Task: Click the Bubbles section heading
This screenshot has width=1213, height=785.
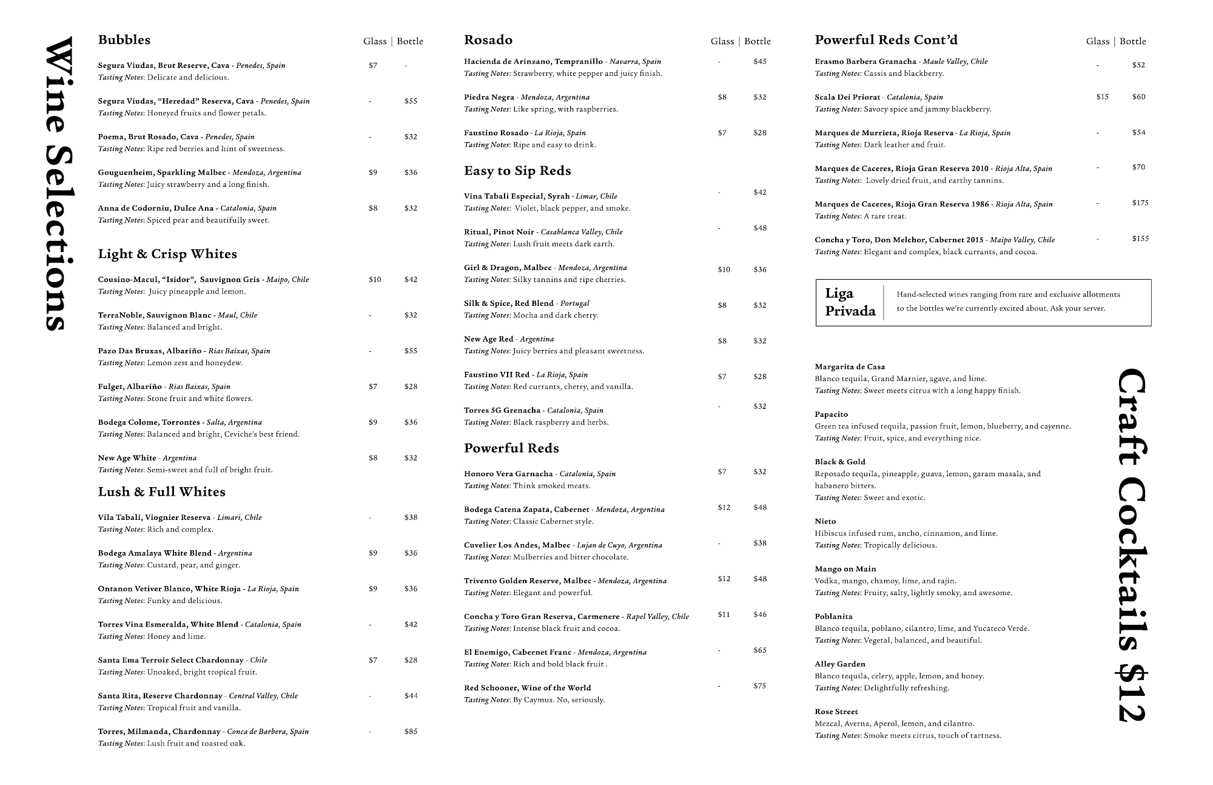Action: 124,40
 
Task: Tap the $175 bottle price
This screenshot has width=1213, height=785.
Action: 1140,203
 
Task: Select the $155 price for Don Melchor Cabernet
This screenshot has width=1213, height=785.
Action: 1140,238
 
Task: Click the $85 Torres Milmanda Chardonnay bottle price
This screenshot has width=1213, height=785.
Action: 411,731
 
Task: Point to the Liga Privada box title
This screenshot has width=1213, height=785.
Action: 850,302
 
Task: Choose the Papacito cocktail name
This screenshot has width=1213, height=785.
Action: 831,414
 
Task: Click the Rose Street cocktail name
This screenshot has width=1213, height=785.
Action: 836,712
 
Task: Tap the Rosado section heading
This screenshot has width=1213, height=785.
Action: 488,40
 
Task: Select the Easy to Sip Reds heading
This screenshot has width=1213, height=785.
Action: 517,171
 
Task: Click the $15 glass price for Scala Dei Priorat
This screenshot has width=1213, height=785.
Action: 1102,96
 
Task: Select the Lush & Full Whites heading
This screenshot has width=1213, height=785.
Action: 162,492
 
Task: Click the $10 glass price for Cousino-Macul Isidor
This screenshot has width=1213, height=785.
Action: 375,279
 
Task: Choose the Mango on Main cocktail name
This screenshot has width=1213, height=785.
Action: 845,569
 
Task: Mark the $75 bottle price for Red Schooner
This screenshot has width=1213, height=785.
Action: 759,686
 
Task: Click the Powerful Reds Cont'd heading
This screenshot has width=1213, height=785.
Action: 886,40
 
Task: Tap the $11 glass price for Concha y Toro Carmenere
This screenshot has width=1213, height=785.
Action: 724,614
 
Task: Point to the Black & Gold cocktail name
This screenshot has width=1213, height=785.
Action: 840,462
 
